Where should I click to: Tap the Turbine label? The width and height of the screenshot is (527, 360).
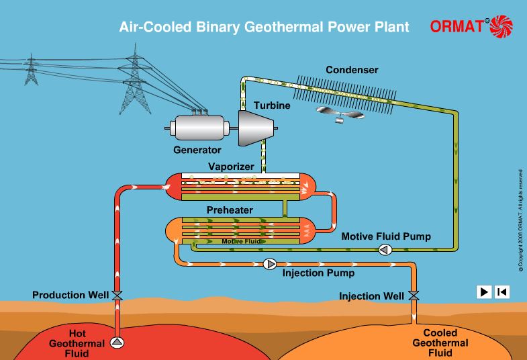click(x=271, y=106)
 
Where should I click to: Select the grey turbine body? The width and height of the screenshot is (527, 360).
click(x=256, y=128)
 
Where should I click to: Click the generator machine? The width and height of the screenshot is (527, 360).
click(x=199, y=128)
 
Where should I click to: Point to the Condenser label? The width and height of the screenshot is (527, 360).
click(x=352, y=70)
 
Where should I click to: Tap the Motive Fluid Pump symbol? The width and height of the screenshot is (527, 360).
click(x=385, y=251)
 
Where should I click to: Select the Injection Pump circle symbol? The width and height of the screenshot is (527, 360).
click(x=271, y=264)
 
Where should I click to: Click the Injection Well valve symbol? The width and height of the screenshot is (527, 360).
click(x=414, y=296)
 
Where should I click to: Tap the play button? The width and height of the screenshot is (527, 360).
click(x=483, y=291)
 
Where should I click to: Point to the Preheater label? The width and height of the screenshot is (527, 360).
click(x=230, y=210)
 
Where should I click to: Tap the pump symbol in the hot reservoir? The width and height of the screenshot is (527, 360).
click(x=117, y=343)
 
